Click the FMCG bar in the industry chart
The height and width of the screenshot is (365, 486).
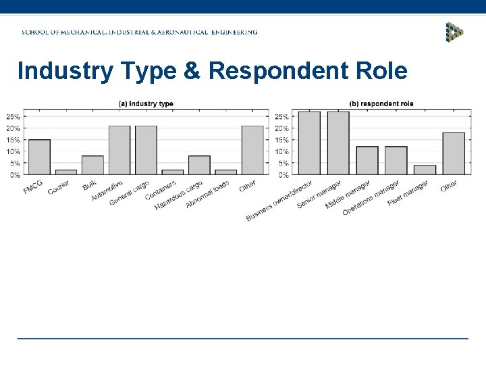39,157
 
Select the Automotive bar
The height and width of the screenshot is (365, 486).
119,150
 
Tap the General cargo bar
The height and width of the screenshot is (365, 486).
146,150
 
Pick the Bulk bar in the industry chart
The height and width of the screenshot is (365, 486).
92,166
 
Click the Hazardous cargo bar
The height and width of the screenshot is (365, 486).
199,166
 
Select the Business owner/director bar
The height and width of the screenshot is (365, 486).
309,143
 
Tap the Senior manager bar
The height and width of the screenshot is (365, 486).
338,143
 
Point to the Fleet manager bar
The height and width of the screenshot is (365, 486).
425,170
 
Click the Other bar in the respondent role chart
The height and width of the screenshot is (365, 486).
454,154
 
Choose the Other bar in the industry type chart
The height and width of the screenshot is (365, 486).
252,150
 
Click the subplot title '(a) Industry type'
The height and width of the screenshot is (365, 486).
146,103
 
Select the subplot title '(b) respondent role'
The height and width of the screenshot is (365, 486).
381,103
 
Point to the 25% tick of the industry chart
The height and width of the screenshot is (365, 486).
13,117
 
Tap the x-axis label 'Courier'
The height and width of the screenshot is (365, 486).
59,187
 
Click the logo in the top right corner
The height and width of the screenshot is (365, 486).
454,32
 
